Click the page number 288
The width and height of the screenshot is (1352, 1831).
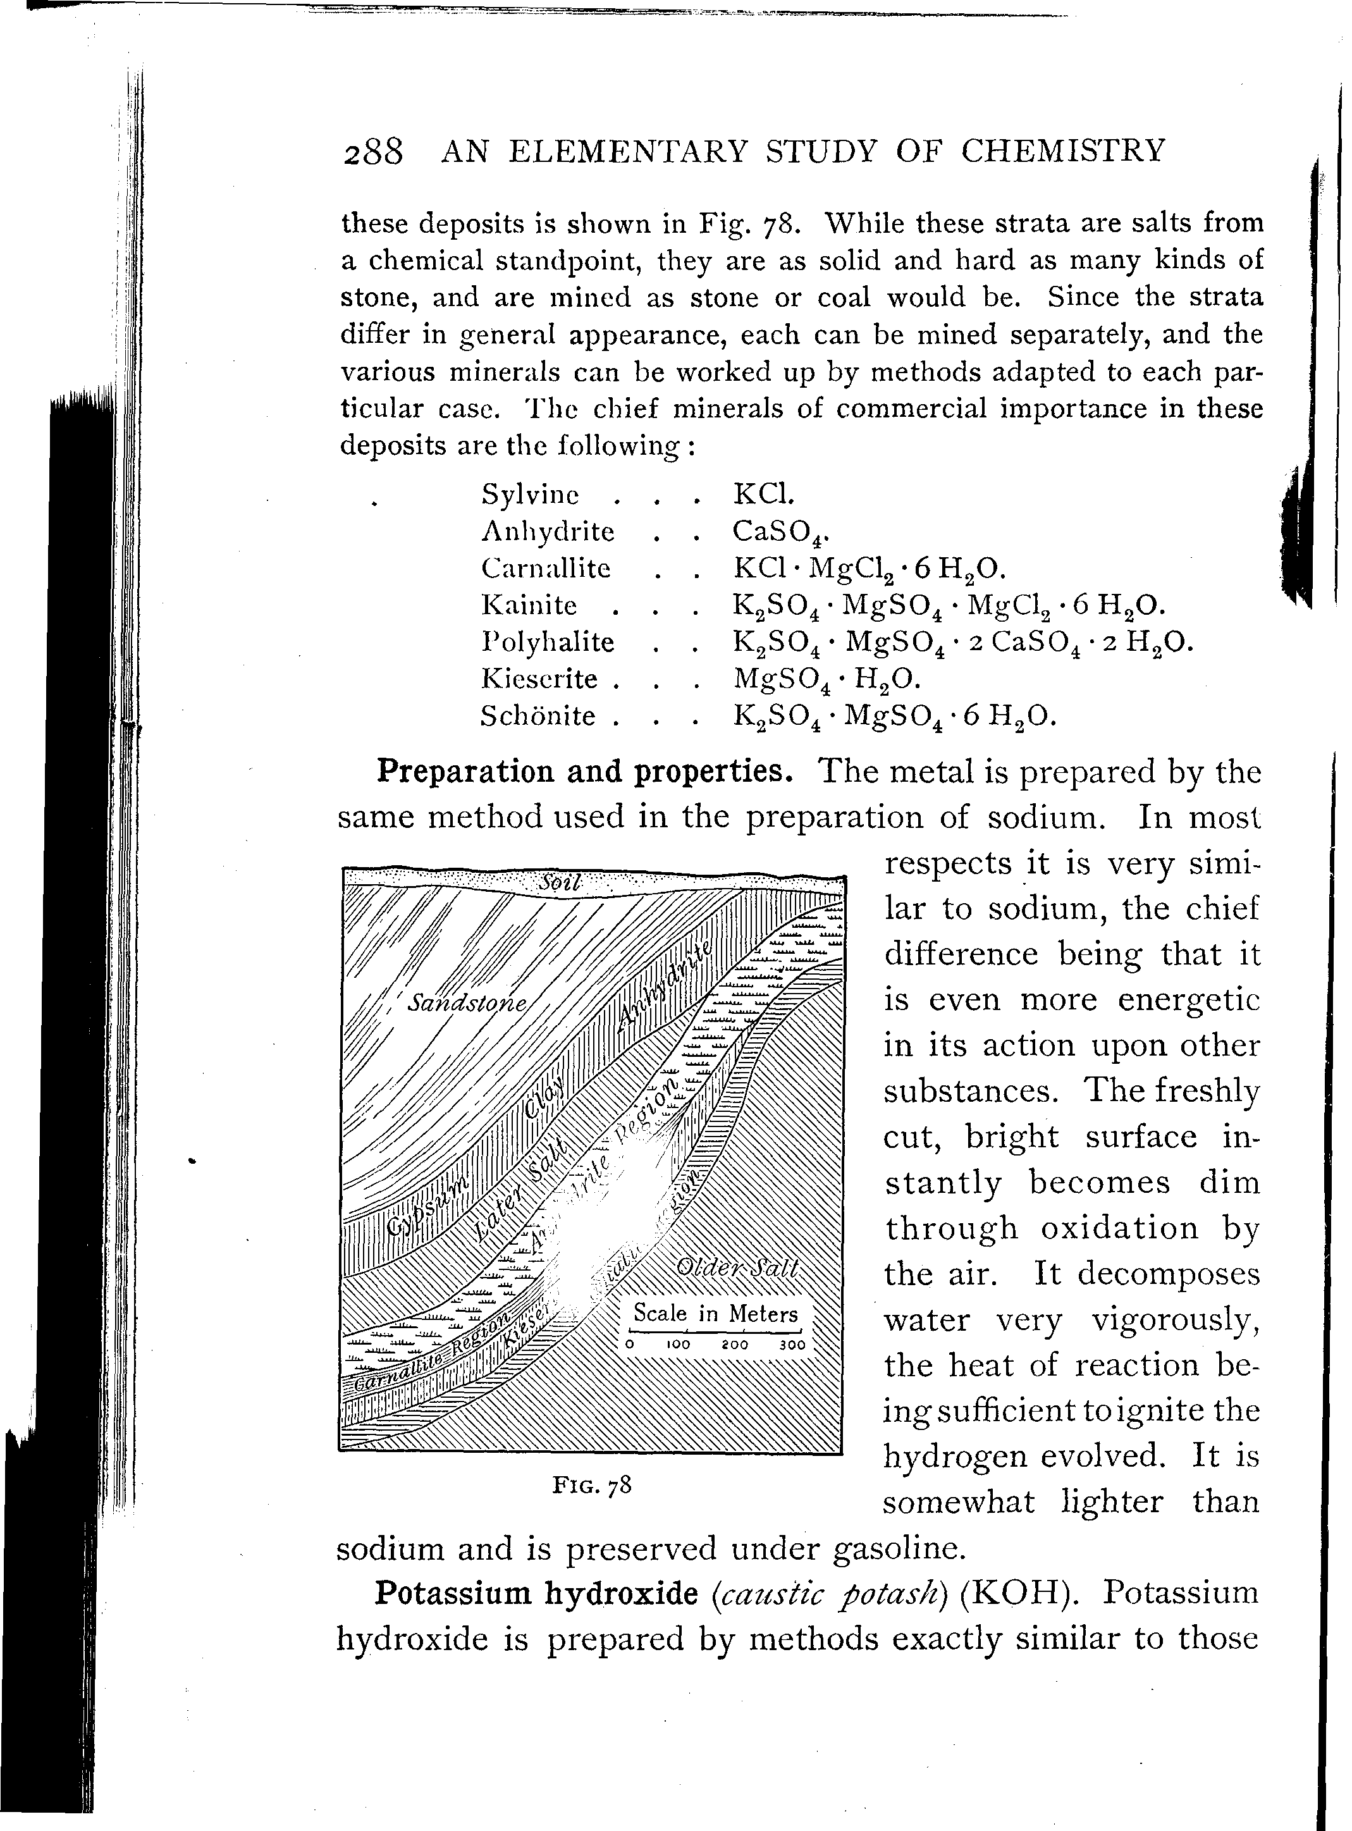pyautogui.click(x=373, y=153)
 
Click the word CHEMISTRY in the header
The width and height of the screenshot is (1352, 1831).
pyautogui.click(x=1062, y=151)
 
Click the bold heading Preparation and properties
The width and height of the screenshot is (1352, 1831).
pyautogui.click(x=584, y=771)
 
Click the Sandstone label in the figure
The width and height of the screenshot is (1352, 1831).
pyautogui.click(x=467, y=1002)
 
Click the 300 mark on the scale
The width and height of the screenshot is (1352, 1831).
pyautogui.click(x=792, y=1345)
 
